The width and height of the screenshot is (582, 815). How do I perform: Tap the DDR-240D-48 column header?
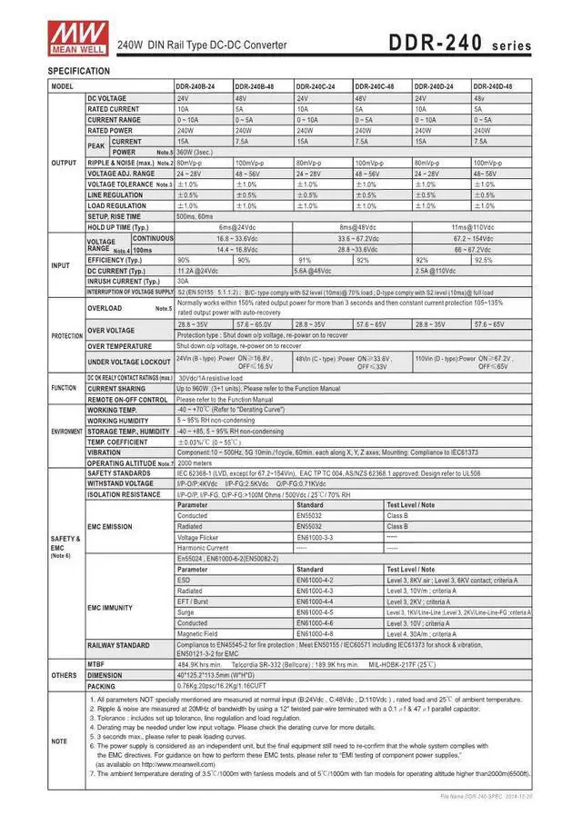point(494,85)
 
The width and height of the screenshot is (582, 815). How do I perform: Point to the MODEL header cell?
point(63,85)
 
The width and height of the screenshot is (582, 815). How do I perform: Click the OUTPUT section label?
point(64,163)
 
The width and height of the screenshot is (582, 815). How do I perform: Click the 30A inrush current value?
point(183,282)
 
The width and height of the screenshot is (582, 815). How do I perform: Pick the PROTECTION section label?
point(66,335)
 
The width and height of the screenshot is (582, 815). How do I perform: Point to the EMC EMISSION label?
point(110,526)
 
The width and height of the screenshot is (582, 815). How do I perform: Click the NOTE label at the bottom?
point(60,741)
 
